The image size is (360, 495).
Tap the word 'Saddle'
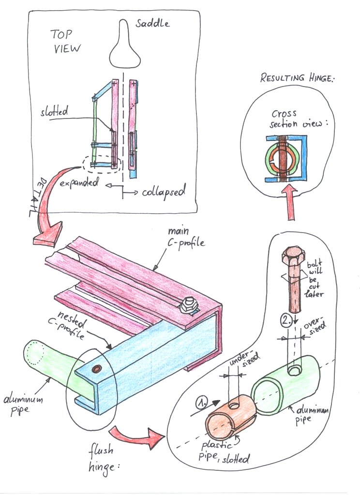153,23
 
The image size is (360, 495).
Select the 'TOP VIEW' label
66,41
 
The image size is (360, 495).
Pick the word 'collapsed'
164,192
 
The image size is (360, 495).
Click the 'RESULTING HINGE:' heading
297,77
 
